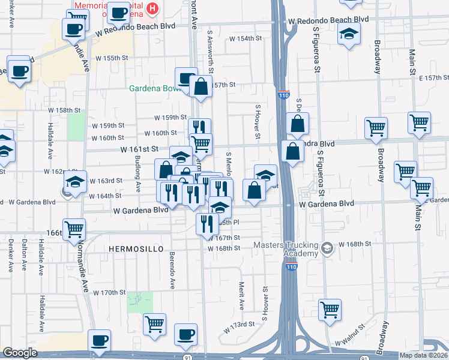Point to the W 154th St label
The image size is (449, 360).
246,38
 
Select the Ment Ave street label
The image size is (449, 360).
241,296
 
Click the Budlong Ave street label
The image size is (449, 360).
137,170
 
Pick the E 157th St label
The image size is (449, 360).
434,78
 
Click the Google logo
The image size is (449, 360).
20,352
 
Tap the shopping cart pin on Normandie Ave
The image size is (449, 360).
74,228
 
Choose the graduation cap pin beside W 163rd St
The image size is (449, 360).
74,182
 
